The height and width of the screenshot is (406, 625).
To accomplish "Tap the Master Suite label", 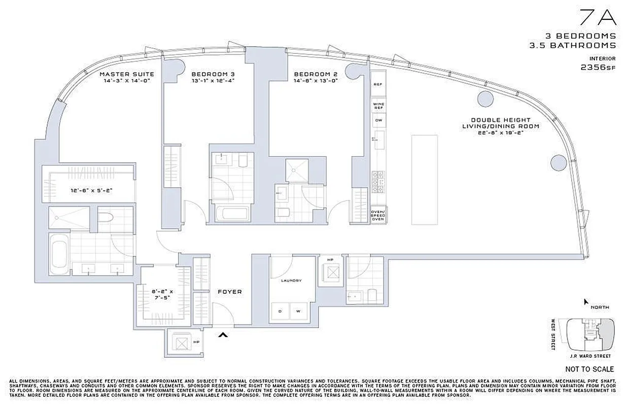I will pyautogui.click(x=127, y=74).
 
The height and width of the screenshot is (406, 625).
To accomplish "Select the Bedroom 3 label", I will pyautogui.click(x=213, y=74).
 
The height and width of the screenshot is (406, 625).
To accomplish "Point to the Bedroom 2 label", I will pyautogui.click(x=316, y=74).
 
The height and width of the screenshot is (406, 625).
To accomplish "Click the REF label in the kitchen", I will pyautogui.click(x=378, y=85).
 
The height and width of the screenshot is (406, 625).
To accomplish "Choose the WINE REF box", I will pyautogui.click(x=378, y=106).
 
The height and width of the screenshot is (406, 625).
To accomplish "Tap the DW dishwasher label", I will pyautogui.click(x=378, y=121).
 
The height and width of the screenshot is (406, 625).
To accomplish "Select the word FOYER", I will pyautogui.click(x=230, y=292).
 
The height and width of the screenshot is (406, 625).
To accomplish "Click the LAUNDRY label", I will pyautogui.click(x=292, y=280).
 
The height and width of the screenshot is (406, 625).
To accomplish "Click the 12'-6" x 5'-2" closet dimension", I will pyautogui.click(x=91, y=191).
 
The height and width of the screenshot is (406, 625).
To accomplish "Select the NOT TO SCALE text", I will pyautogui.click(x=589, y=369).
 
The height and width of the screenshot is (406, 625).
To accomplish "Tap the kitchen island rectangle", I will pyautogui.click(x=424, y=179).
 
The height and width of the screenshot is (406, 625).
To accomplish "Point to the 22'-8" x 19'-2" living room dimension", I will pyautogui.click(x=500, y=132).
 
